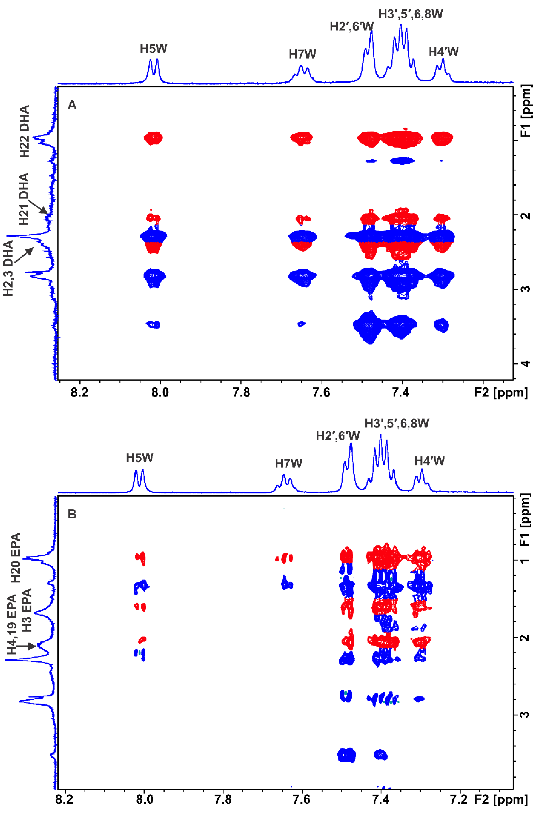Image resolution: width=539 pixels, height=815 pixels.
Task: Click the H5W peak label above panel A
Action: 153,49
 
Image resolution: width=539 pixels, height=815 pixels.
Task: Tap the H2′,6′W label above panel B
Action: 338,436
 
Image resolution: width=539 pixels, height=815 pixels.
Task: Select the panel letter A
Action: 72,105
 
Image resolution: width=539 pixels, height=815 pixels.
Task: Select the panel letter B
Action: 72,514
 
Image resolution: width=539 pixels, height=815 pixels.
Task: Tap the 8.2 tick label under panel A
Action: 79,392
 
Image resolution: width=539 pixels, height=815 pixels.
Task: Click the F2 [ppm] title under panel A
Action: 500,392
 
